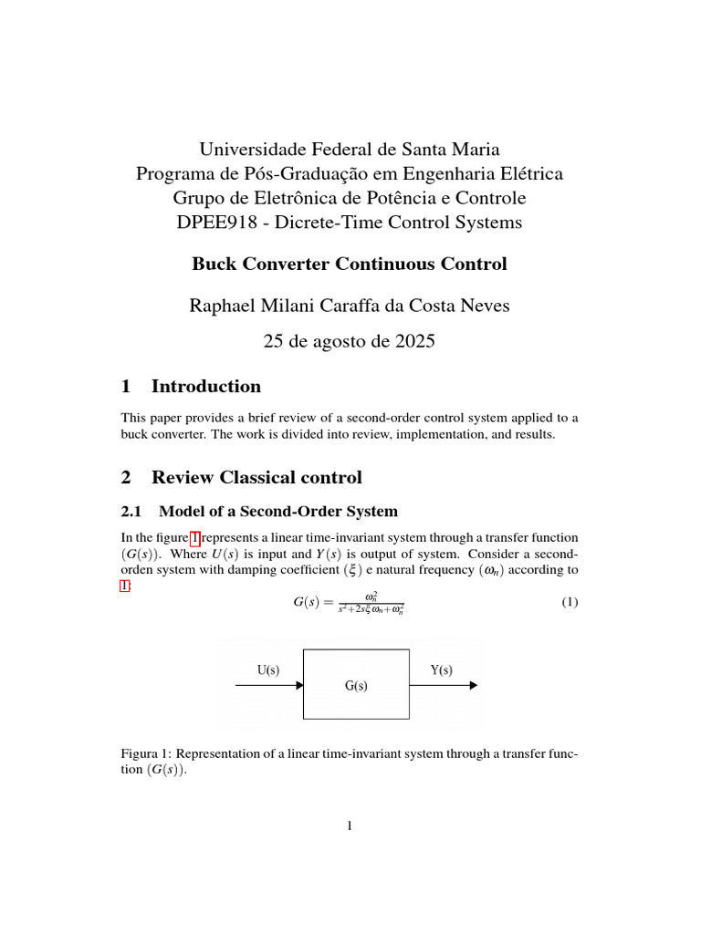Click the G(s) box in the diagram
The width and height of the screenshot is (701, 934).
coord(356,685)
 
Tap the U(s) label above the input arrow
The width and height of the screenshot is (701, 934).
coord(267,670)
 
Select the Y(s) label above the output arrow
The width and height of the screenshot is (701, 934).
coord(441,670)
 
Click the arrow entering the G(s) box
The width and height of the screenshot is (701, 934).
coord(269,686)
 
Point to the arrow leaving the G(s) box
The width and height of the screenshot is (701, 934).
coord(443,686)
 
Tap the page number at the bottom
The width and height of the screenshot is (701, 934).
coord(350,826)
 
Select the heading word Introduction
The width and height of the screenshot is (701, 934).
coord(205,386)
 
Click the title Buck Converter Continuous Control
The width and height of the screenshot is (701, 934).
coord(350,265)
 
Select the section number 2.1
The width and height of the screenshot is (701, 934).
coord(133,511)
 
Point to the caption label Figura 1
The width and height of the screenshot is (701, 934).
coord(144,754)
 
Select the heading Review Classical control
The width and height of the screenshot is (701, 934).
coord(256,477)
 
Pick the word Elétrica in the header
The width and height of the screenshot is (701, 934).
coord(529,173)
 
